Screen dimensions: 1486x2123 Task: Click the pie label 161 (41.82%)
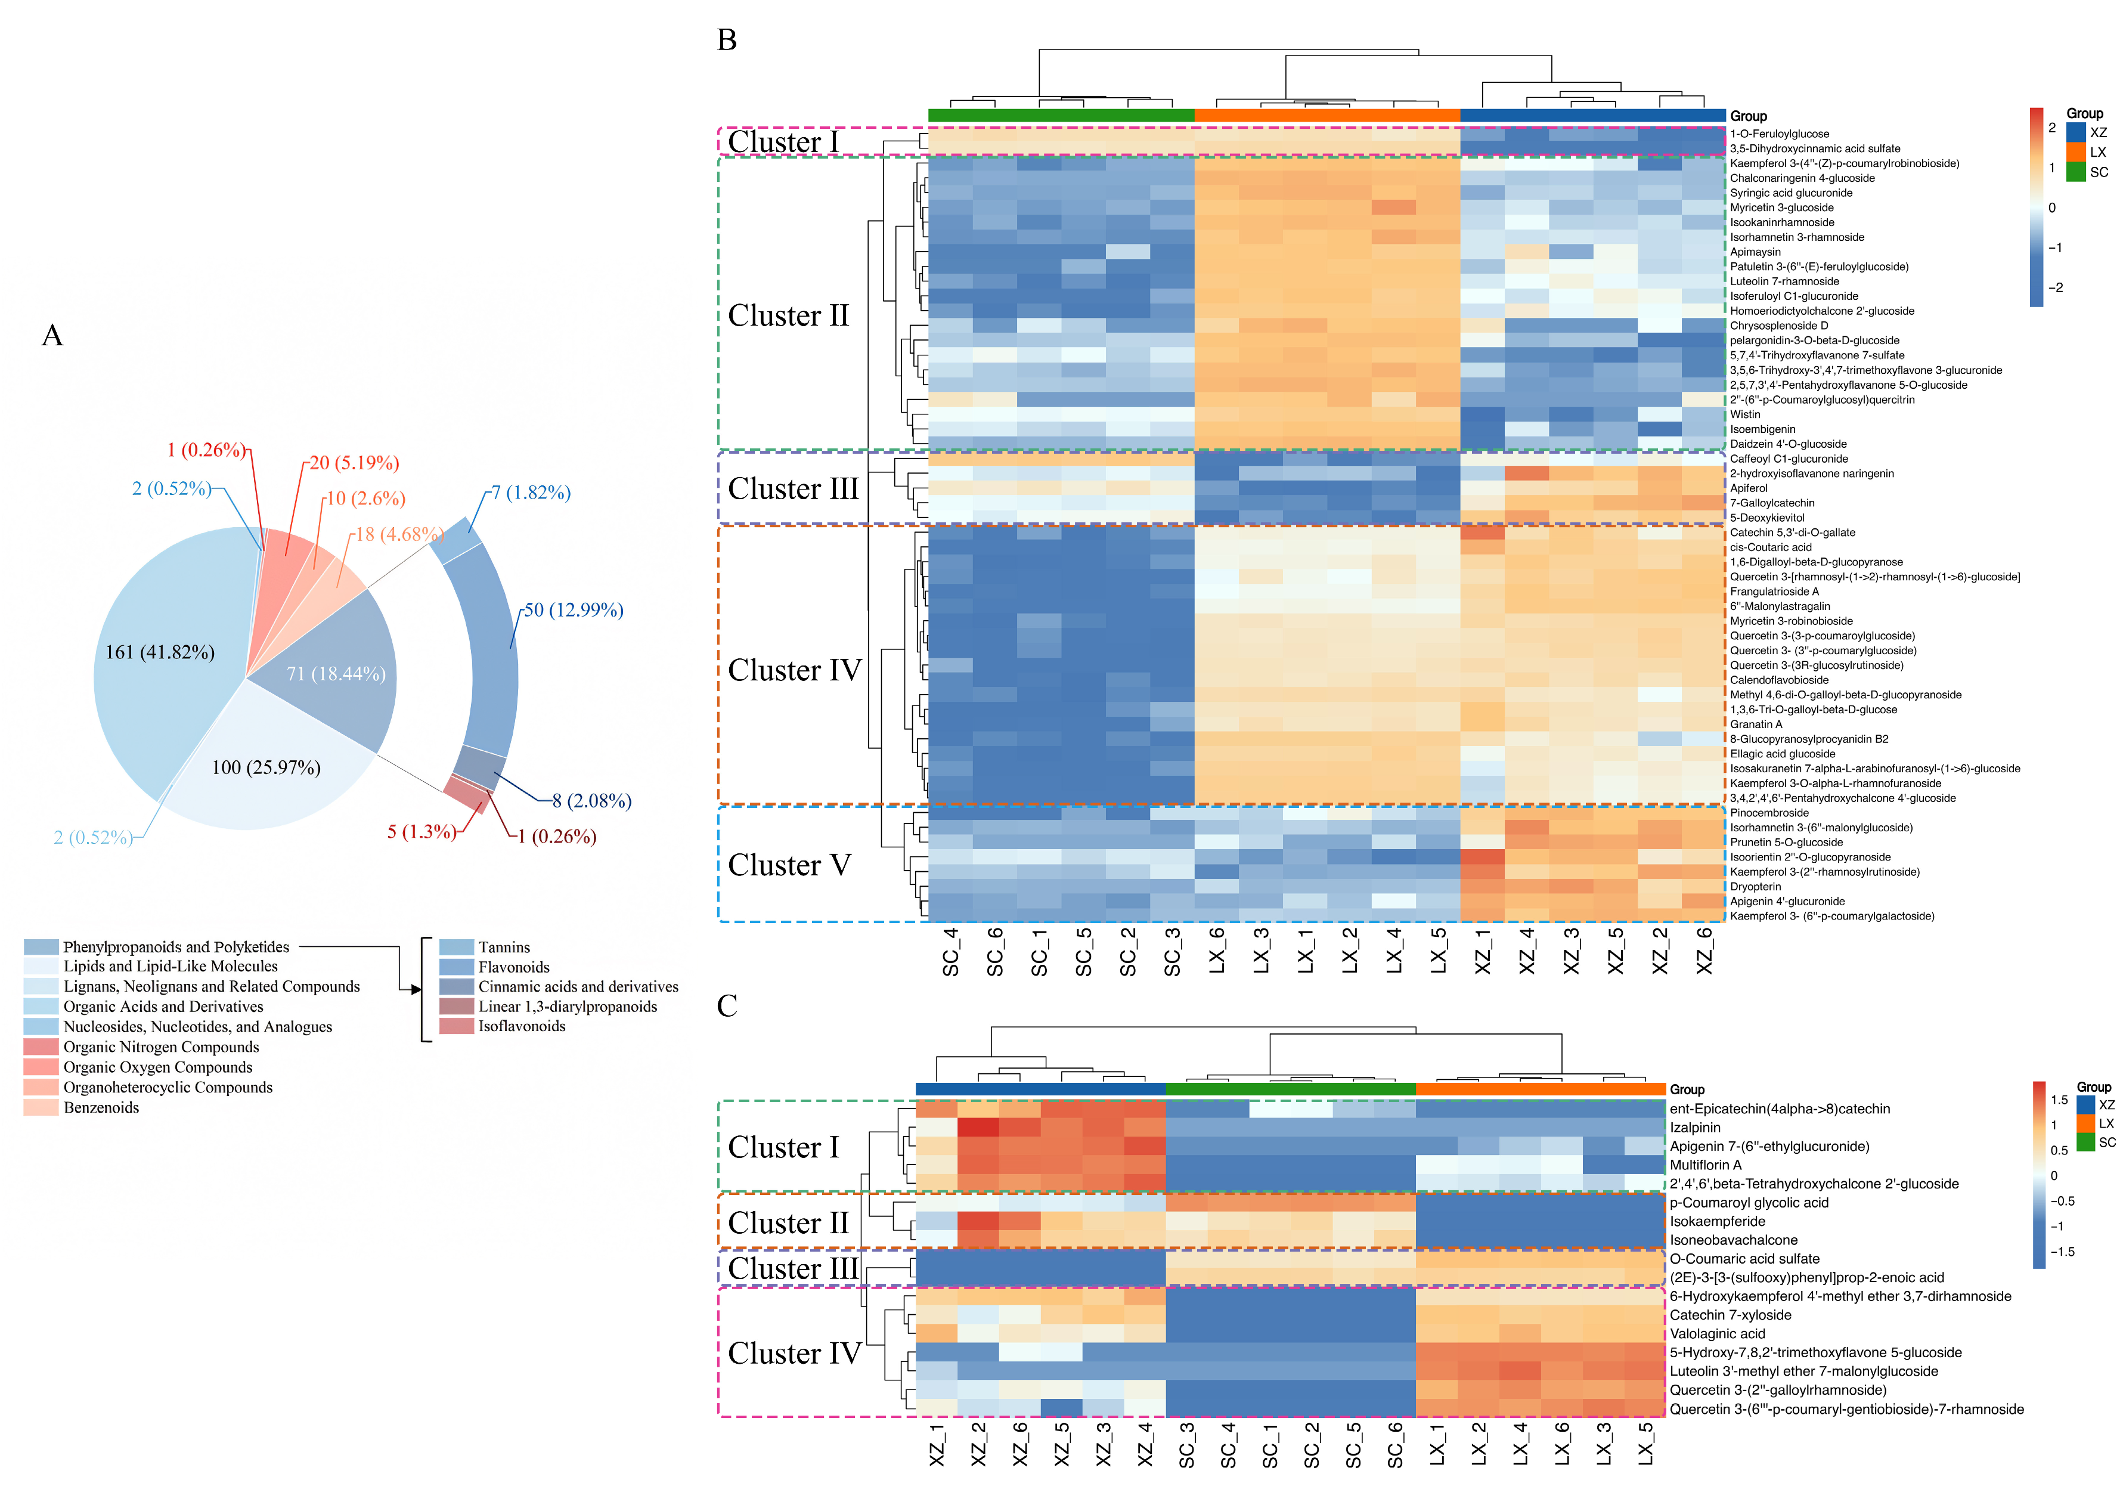coord(160,653)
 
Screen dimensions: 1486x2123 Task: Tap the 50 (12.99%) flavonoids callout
coord(574,610)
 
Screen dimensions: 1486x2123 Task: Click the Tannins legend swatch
coord(456,947)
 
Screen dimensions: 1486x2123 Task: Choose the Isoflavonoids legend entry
coord(522,1026)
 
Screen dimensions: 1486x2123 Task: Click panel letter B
coord(727,41)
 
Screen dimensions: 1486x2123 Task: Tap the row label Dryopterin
coord(1755,887)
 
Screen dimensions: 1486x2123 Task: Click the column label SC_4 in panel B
coord(950,952)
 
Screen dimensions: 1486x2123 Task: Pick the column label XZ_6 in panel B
coord(1704,952)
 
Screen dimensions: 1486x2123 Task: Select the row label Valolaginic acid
coord(1717,1333)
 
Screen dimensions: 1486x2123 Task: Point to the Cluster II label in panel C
coord(788,1222)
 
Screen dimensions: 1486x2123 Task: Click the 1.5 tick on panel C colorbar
coord(2059,1100)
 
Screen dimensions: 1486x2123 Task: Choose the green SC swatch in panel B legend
coord(2076,172)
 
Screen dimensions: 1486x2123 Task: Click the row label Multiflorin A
coord(1705,1165)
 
